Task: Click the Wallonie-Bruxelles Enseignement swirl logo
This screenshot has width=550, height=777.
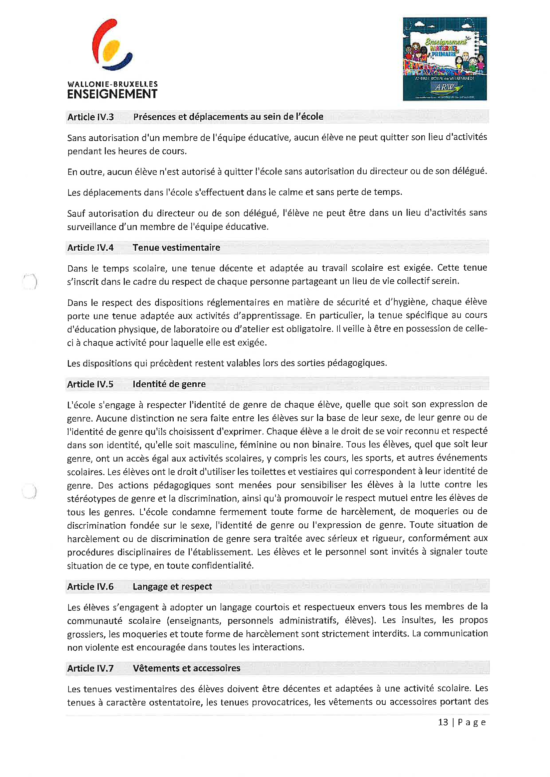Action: (x=112, y=45)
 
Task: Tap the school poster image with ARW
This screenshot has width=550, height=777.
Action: (x=445, y=59)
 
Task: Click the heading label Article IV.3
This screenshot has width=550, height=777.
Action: (x=91, y=117)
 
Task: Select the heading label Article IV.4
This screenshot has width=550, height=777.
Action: (x=91, y=248)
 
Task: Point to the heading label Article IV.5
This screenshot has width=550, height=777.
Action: (x=90, y=384)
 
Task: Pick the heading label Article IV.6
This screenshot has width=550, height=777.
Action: (x=91, y=586)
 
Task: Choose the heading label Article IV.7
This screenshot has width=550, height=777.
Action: (x=91, y=668)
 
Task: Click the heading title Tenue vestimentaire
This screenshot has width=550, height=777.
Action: (x=176, y=248)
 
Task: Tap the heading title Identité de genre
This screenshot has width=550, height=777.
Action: (x=169, y=384)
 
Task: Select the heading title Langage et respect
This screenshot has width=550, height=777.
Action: (x=172, y=586)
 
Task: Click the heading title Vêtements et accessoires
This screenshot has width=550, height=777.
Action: (x=186, y=668)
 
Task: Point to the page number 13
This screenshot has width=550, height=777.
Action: (x=443, y=722)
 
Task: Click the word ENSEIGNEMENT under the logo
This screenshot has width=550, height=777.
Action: (x=112, y=94)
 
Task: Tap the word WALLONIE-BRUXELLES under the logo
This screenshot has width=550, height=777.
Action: (x=112, y=84)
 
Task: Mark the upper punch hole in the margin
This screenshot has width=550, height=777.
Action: (x=30, y=282)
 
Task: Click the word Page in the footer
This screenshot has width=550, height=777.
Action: (x=472, y=722)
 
